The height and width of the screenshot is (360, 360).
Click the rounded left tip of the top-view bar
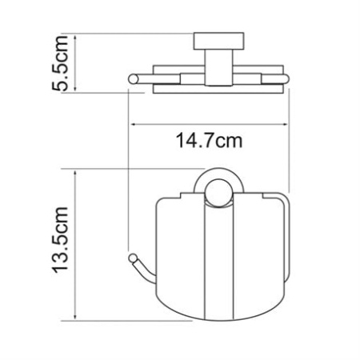tap(130, 77)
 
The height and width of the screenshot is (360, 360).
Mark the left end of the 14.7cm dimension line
tap(130, 123)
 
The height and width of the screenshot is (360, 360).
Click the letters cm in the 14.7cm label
tap(228, 142)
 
